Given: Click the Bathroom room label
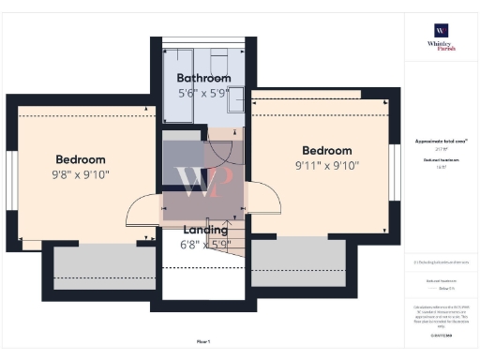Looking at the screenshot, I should click(x=203, y=78).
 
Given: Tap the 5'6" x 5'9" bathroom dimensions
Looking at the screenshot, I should click(x=203, y=94).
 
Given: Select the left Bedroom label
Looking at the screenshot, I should click(x=80, y=159).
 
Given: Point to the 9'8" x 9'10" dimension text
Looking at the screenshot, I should click(x=80, y=174).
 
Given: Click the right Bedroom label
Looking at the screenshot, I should click(x=326, y=150).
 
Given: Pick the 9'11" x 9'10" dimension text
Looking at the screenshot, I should click(x=326, y=166).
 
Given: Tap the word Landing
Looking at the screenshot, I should click(x=203, y=230).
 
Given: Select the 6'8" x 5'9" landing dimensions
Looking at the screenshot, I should click(x=203, y=246).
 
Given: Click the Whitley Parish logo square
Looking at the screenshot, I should click(x=442, y=27).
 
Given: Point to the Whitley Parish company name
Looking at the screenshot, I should click(x=442, y=47).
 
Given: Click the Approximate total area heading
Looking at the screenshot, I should click(x=442, y=141).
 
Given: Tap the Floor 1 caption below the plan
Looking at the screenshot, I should click(x=203, y=342).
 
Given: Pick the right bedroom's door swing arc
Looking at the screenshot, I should click(x=265, y=197).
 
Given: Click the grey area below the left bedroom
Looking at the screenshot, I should click(x=103, y=268).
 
